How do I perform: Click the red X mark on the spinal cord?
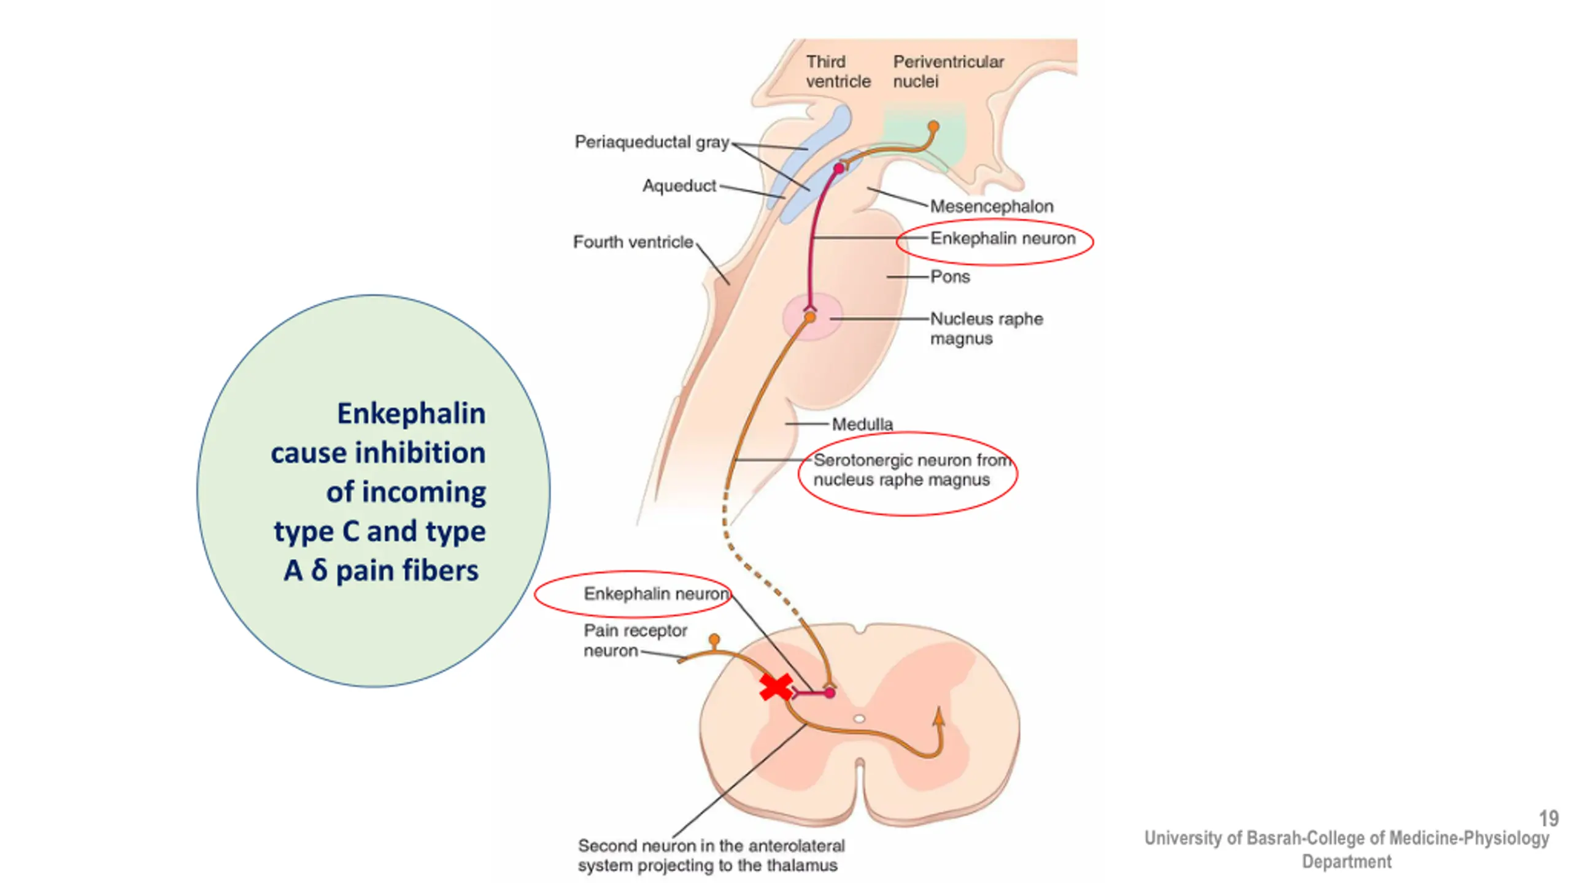(x=776, y=688)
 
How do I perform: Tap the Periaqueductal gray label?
(x=652, y=142)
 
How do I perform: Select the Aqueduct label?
(x=679, y=186)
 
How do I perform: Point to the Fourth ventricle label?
(x=633, y=242)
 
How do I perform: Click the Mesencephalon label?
(x=991, y=207)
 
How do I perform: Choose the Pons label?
(x=950, y=277)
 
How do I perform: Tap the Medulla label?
(x=862, y=424)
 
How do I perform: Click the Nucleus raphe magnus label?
(x=986, y=329)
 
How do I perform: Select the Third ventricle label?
(x=838, y=72)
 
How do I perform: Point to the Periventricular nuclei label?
(x=948, y=72)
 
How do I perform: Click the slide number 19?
(x=1548, y=818)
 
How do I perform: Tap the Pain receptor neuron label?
(x=635, y=640)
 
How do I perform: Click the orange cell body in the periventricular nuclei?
(x=933, y=127)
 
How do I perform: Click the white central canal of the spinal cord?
(x=859, y=719)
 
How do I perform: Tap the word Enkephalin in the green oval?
(x=411, y=413)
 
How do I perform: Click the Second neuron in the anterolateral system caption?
(x=711, y=855)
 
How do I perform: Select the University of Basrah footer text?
(x=1346, y=849)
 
